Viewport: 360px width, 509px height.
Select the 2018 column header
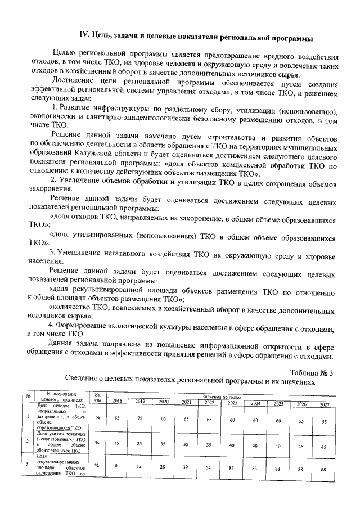(x=117, y=401)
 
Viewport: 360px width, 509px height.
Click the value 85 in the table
(x=117, y=418)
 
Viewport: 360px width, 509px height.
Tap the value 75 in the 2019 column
(x=140, y=418)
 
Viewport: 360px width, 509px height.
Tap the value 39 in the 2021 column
(x=186, y=467)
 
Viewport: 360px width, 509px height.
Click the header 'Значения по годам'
(x=220, y=396)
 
